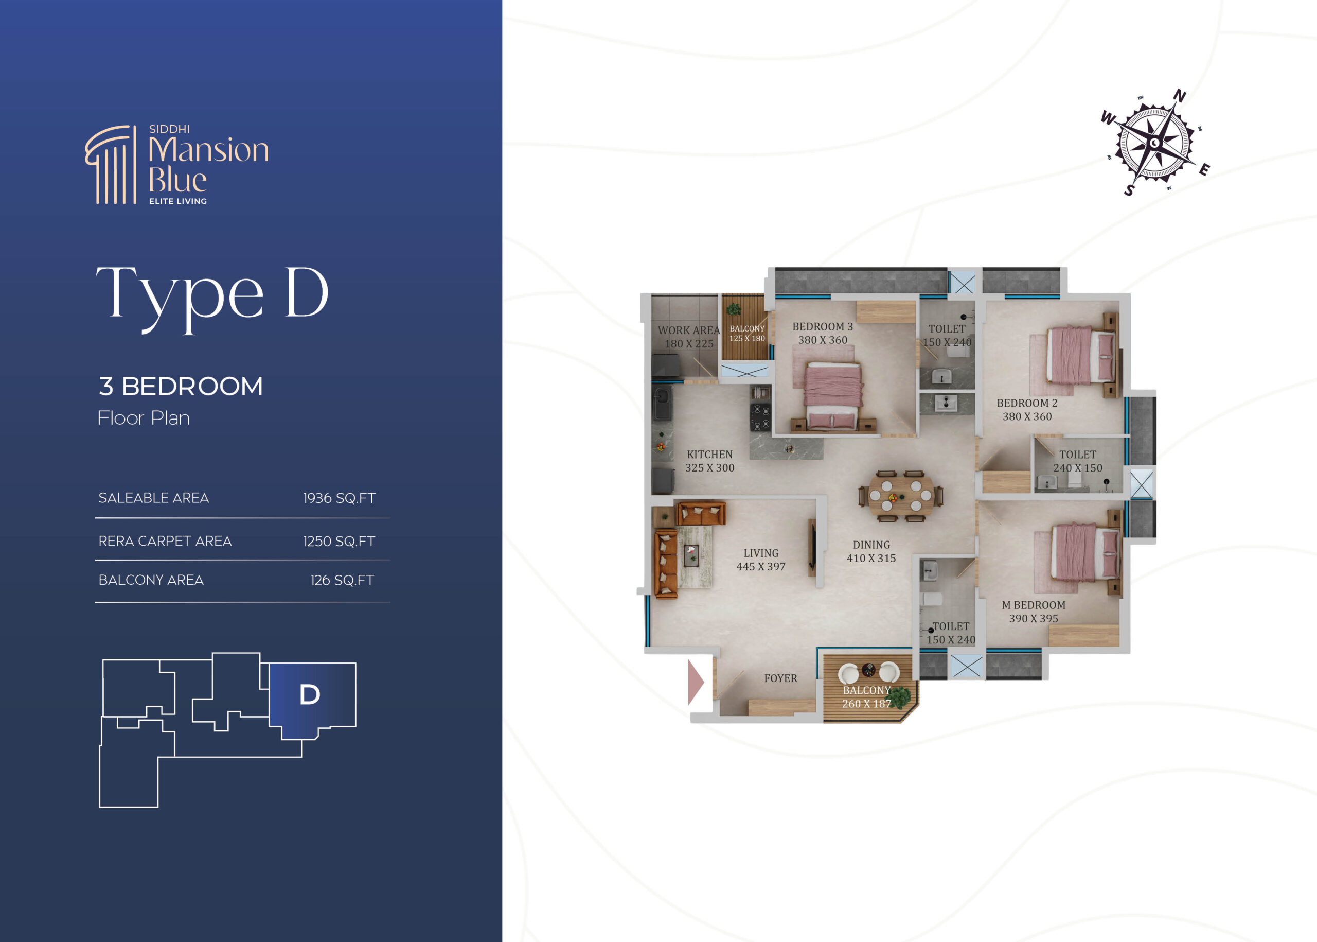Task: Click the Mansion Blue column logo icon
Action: (x=111, y=165)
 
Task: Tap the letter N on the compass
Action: (x=1180, y=96)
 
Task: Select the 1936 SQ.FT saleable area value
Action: (x=339, y=498)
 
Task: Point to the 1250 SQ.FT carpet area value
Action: (x=339, y=541)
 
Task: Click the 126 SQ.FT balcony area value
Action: (x=342, y=580)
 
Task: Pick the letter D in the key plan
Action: (x=310, y=694)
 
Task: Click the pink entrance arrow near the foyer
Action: (x=696, y=682)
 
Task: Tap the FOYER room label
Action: (x=780, y=678)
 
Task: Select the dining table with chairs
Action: (x=900, y=496)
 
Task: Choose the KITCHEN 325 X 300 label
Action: (x=709, y=461)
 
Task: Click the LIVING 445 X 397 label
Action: (x=760, y=560)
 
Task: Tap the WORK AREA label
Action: (x=689, y=330)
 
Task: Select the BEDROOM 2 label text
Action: (x=1026, y=403)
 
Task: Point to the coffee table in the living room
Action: (x=691, y=555)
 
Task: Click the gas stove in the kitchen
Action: (x=760, y=417)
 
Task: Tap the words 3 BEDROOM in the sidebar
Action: (x=181, y=386)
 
